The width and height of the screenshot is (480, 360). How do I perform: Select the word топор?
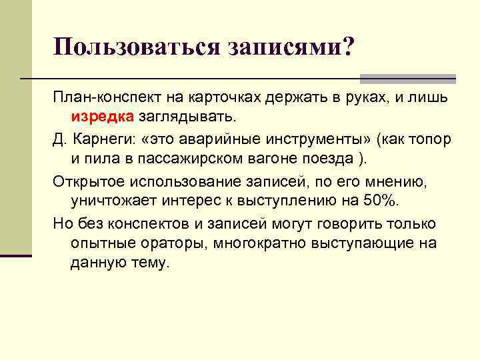(x=430, y=141)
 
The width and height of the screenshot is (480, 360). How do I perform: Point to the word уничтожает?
(x=107, y=202)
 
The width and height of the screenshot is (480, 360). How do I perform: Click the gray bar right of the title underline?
(x=407, y=78)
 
